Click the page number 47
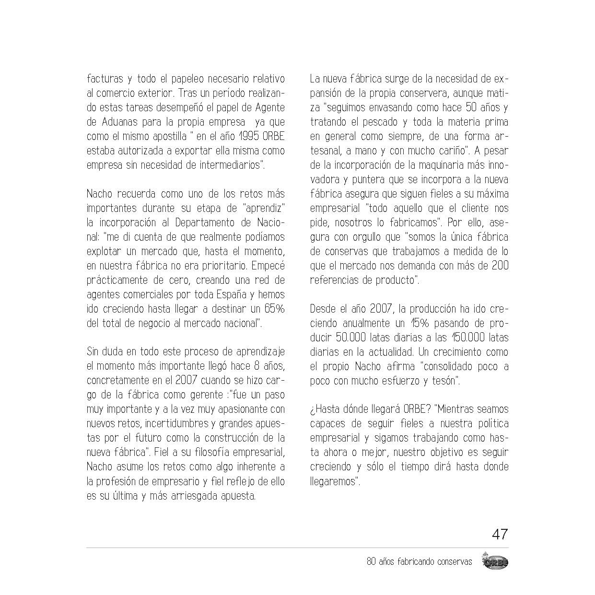[500, 534]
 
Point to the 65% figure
[274, 309]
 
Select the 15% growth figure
[420, 323]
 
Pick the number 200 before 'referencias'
[500, 266]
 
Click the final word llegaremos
[334, 481]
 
